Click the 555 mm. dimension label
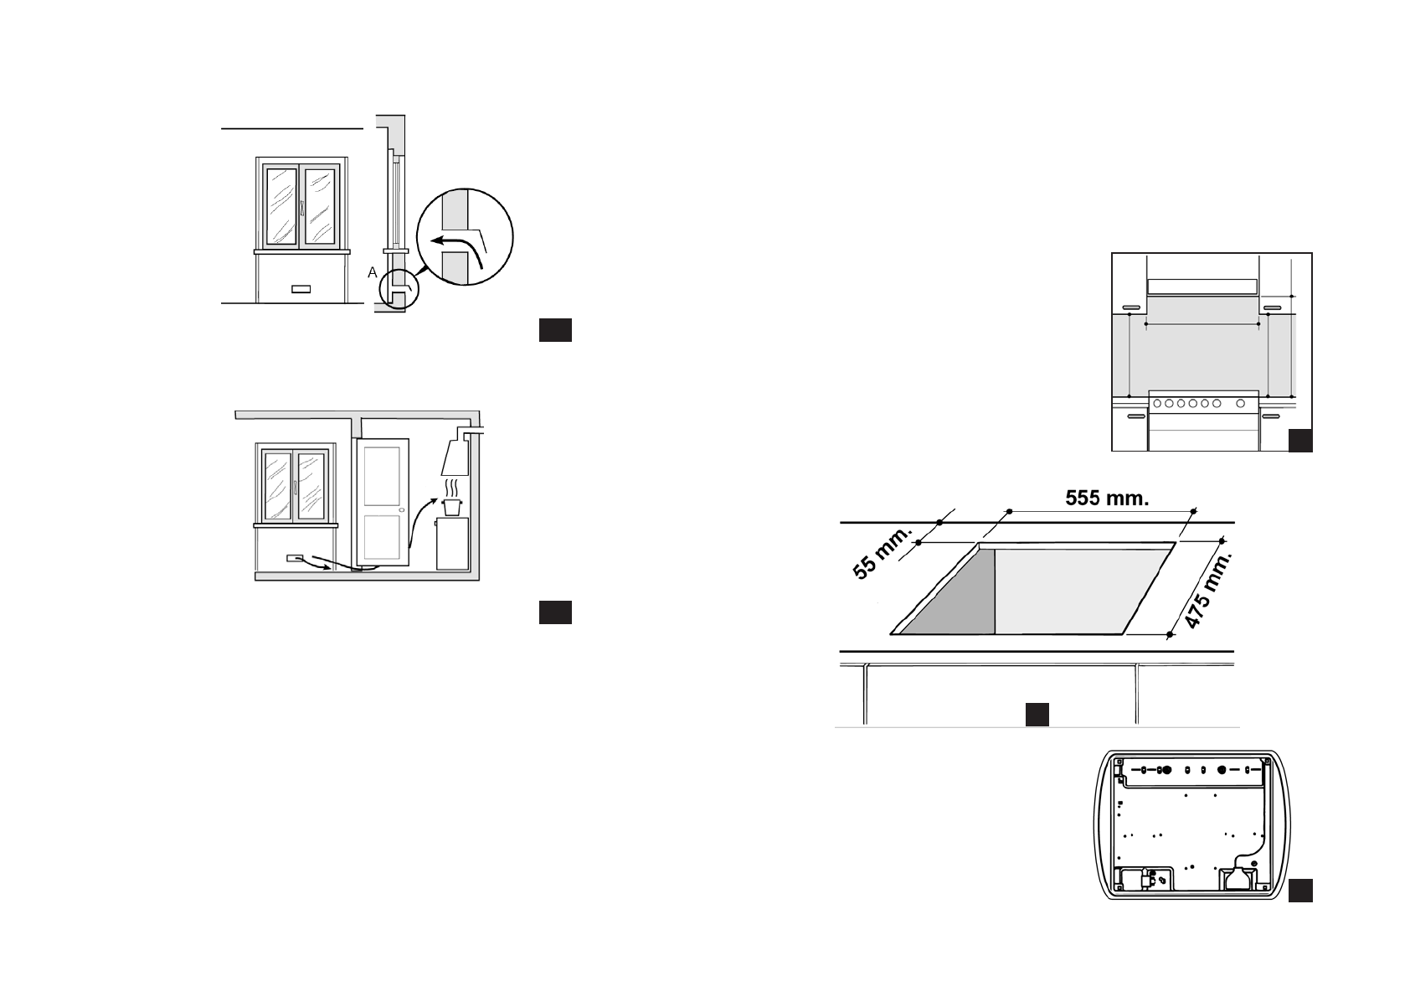tap(1107, 498)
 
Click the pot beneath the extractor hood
tap(453, 508)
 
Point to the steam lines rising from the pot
tap(453, 487)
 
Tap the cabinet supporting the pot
tap(452, 544)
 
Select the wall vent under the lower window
tap(296, 557)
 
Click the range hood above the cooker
tap(1202, 287)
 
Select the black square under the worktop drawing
tap(1037, 713)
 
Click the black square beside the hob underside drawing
tap(1299, 890)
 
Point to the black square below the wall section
tap(554, 330)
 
